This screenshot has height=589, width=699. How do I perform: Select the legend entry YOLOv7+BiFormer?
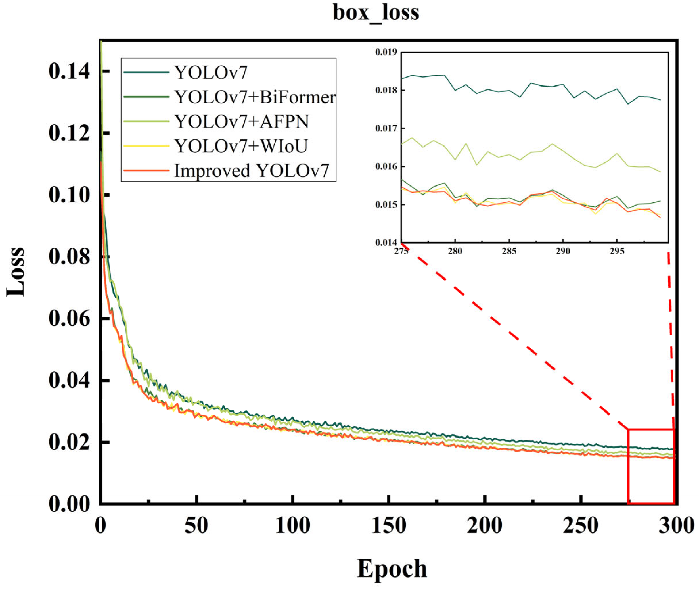[254, 97]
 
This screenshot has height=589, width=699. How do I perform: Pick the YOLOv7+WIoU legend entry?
[240, 146]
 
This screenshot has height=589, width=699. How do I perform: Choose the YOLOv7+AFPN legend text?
[241, 122]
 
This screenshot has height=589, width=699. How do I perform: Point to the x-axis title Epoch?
[392, 568]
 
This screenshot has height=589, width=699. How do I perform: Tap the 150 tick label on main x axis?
[388, 525]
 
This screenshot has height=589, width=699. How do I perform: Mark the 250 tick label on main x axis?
[581, 525]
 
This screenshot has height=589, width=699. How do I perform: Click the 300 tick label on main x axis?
[676, 525]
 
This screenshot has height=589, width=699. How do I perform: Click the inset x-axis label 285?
[509, 251]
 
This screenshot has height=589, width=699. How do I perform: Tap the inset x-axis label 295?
[617, 251]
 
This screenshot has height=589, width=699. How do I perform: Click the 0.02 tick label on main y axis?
[69, 442]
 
